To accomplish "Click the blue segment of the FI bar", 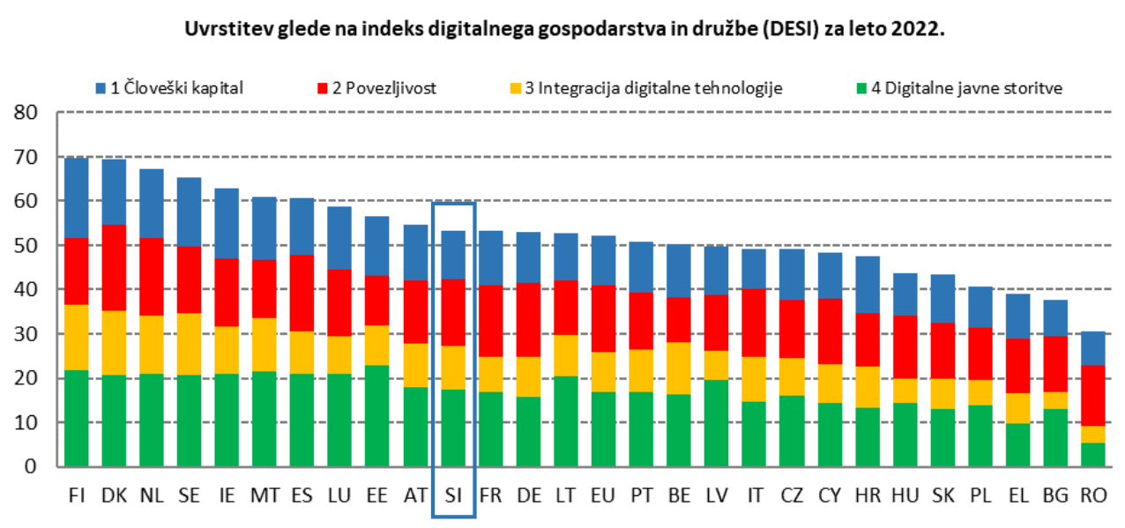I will [77, 197].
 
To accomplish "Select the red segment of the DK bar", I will [114, 268].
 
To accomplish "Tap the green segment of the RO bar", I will [1092, 454].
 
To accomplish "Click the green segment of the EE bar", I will [377, 415].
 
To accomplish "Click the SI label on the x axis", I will [453, 495].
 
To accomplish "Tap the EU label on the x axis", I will [603, 495].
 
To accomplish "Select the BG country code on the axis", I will [1055, 495].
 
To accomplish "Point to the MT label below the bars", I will [264, 495].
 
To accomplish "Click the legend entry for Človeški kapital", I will [175, 87].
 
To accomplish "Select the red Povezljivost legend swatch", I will [321, 87].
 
